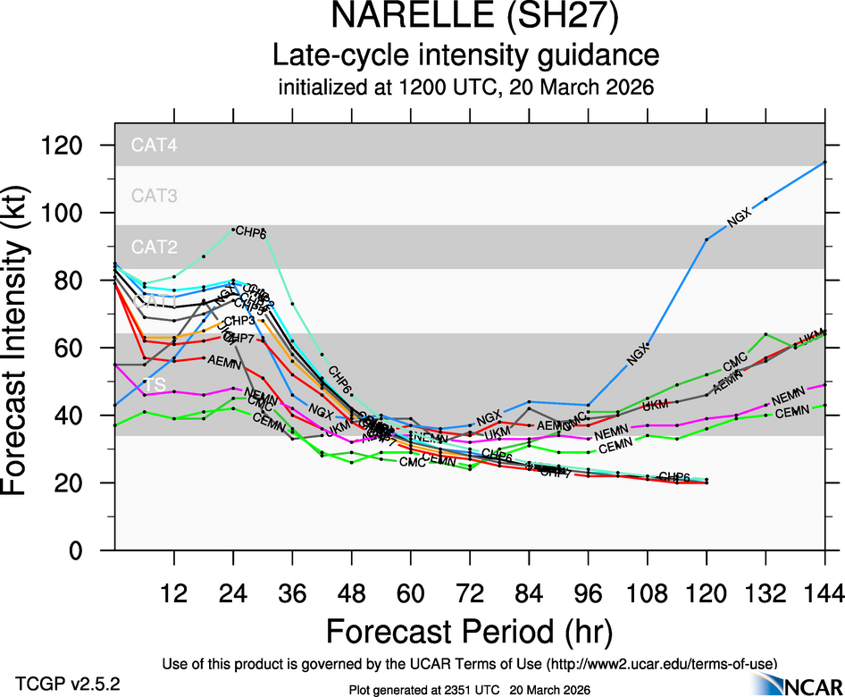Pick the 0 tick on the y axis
(x=89, y=550)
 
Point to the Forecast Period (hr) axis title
(x=469, y=631)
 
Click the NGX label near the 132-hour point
(x=742, y=215)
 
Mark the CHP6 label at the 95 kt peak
(x=251, y=233)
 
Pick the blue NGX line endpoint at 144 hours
(x=824, y=162)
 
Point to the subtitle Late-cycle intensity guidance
(x=465, y=56)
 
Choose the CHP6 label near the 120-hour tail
(x=674, y=476)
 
